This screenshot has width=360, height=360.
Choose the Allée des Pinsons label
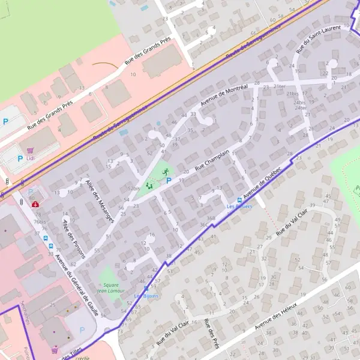(74, 238)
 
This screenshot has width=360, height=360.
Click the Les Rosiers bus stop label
(239, 206)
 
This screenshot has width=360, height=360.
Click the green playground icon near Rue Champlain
(149, 186)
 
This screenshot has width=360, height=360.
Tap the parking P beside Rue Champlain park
(169, 180)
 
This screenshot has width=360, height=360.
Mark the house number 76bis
(40, 222)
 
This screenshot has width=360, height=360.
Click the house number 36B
(211, 218)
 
